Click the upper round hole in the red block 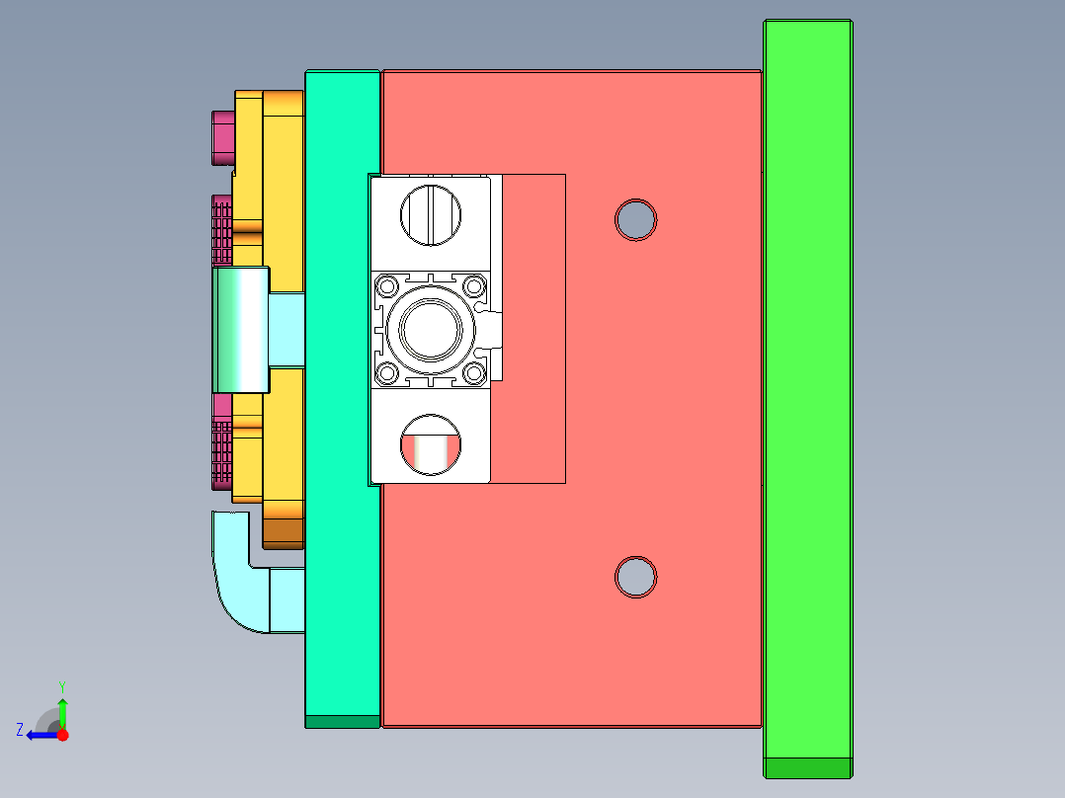tap(635, 219)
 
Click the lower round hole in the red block tap(635, 576)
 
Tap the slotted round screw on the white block tap(430, 214)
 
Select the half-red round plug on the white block tap(431, 443)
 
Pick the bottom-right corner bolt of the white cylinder tap(474, 372)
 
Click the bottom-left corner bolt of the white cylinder tap(385, 372)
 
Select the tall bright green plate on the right tap(807, 395)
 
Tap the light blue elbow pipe tap(237, 583)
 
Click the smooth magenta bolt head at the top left tap(223, 137)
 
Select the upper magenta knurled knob tap(222, 229)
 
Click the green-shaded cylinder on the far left tap(239, 329)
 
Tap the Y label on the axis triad tap(61, 685)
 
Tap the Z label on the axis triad tap(20, 730)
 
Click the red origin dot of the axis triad tap(63, 735)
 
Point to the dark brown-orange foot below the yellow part tap(283, 531)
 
